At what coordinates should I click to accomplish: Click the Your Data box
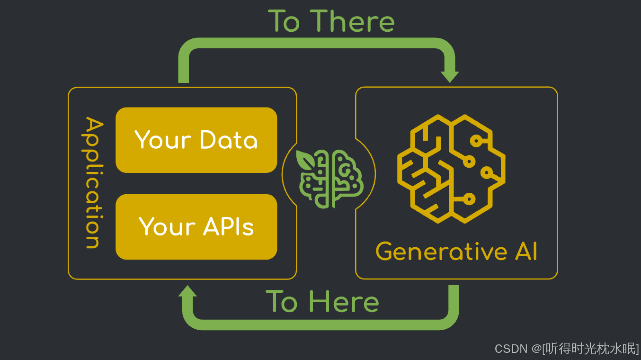coord(196,140)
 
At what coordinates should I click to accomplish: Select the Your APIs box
coord(196,227)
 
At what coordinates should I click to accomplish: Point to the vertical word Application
coord(93,183)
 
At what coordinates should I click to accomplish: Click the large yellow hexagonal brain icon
coord(451,169)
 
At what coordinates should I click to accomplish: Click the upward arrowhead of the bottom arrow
coord(188,292)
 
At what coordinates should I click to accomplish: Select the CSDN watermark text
coord(511,349)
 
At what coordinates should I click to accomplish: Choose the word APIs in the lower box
coord(229,227)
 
